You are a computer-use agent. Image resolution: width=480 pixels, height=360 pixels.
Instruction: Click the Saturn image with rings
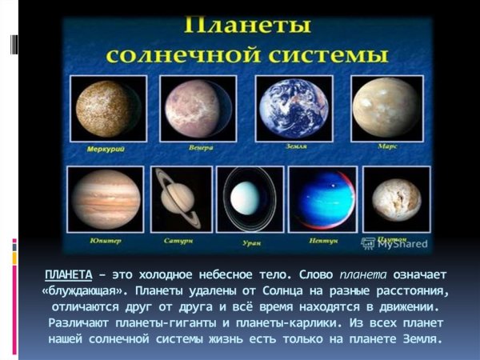pyautogui.click(x=182, y=200)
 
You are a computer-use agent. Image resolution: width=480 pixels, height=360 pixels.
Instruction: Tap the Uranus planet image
pyautogui.click(x=254, y=200)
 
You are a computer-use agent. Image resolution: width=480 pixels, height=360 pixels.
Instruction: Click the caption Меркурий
pyautogui.click(x=106, y=149)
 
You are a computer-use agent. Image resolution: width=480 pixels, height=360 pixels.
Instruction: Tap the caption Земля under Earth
pyautogui.click(x=295, y=147)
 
